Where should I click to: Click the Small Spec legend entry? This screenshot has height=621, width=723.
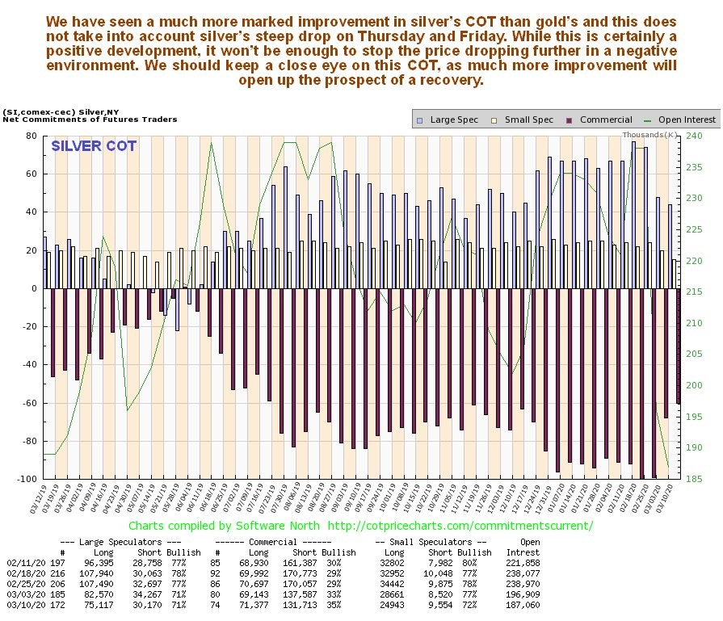pyautogui.click(x=524, y=120)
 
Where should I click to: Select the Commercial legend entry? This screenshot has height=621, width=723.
pyautogui.click(x=599, y=120)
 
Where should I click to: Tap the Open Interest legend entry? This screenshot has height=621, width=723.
pyautogui.click(x=680, y=120)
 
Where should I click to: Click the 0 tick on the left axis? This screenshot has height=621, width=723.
pyautogui.click(x=33, y=288)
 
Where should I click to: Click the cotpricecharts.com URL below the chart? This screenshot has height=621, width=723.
pyautogui.click(x=459, y=526)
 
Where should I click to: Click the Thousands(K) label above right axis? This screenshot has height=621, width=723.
pyautogui.click(x=649, y=134)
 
